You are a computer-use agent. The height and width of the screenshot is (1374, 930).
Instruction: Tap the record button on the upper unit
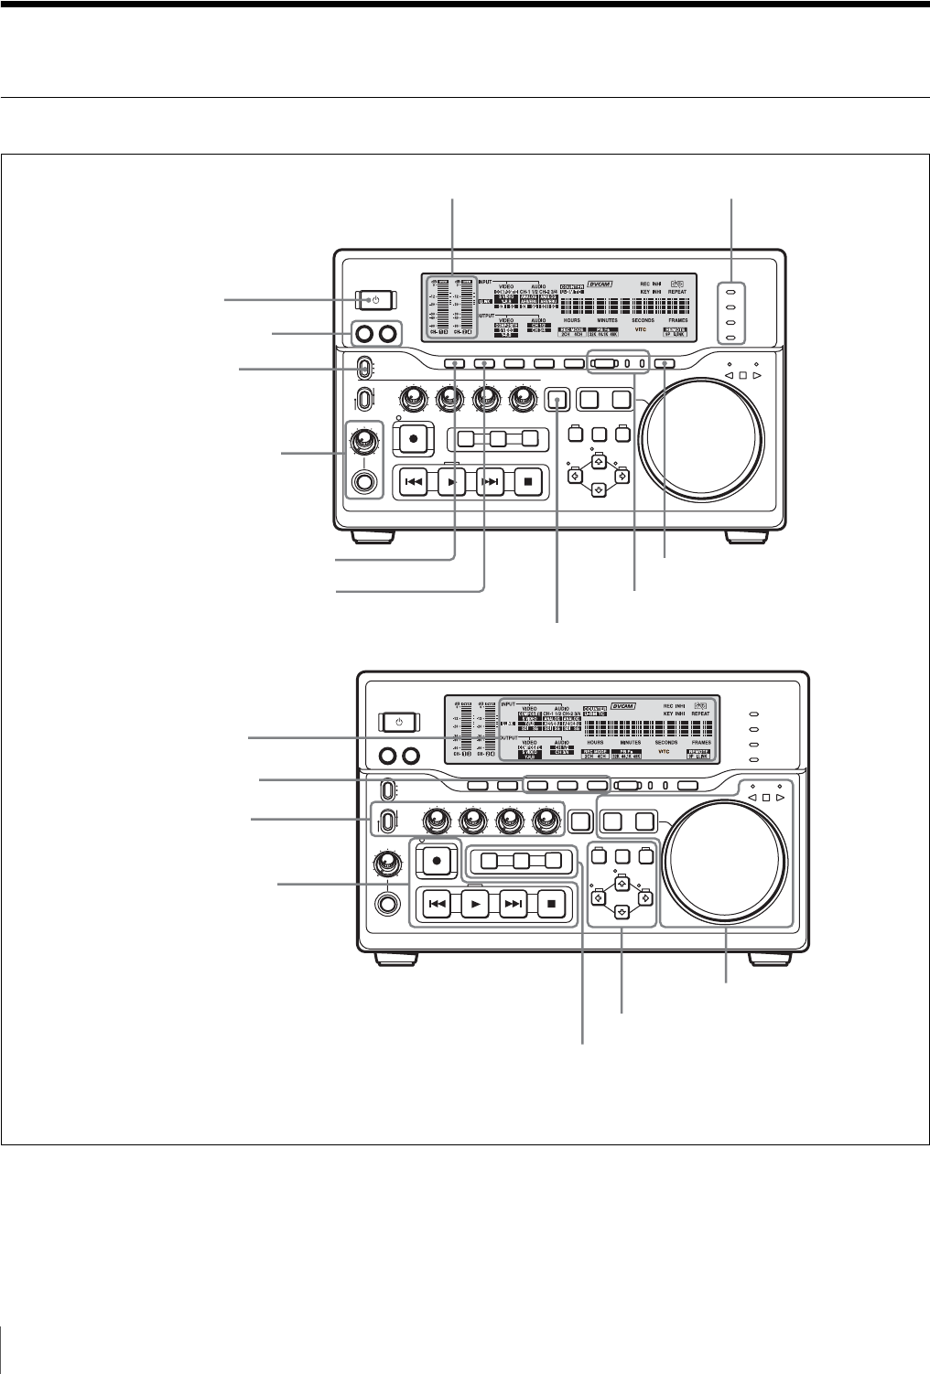click(x=413, y=438)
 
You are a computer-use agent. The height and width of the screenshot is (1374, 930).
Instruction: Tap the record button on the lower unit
click(x=437, y=860)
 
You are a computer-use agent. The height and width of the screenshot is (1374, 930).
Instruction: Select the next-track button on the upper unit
click(x=491, y=482)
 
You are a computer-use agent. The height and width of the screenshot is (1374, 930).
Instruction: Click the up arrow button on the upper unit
click(x=598, y=462)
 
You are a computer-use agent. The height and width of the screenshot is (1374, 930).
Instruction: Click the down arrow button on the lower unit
click(x=621, y=911)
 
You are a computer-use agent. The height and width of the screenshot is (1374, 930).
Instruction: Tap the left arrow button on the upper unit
click(x=574, y=476)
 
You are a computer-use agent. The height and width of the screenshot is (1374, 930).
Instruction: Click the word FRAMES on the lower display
click(x=701, y=742)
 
